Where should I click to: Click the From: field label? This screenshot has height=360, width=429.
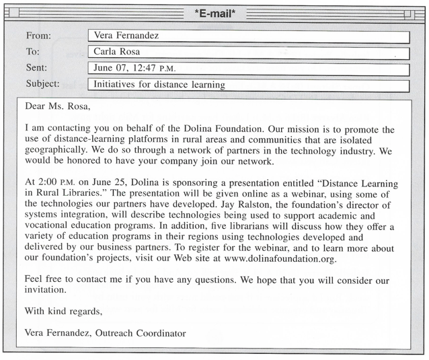pos(38,36)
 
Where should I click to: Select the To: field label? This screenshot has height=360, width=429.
pos(33,52)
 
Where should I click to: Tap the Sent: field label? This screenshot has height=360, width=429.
pos(37,68)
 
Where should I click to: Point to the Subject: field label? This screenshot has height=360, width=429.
pos(42,84)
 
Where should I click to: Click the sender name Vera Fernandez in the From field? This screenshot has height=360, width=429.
pos(126,36)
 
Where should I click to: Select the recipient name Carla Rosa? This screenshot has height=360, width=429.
pos(120,52)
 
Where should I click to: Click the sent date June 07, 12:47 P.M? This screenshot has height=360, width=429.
pos(134,69)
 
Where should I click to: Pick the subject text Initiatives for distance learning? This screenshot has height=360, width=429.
pos(159,85)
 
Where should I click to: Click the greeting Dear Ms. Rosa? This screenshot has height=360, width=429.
pos(56,106)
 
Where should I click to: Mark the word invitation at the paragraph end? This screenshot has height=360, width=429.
pos(46,290)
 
